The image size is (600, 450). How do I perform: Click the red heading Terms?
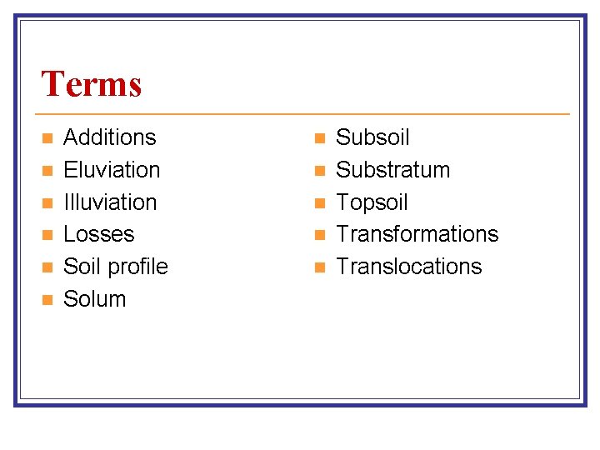tap(92, 84)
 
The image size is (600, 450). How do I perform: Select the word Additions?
tap(109, 137)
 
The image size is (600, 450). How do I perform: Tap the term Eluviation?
tap(112, 170)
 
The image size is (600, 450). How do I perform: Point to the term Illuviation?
tap(110, 202)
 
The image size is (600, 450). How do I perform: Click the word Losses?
tap(98, 234)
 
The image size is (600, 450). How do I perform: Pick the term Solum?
tap(94, 299)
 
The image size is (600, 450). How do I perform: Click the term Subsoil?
tap(372, 137)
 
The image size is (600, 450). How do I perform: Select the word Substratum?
tap(392, 170)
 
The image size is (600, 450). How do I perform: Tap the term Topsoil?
tap(372, 202)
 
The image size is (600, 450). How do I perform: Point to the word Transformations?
tap(417, 234)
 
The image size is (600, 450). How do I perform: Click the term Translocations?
tap(408, 267)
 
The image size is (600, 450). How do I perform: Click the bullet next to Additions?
tap(47, 137)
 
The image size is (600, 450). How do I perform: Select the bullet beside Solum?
tap(47, 299)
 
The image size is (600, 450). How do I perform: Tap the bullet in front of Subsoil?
tap(319, 137)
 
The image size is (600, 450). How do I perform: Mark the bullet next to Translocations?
tap(319, 267)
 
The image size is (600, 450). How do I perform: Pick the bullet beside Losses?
tap(47, 234)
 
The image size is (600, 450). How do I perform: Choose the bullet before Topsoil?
tap(319, 202)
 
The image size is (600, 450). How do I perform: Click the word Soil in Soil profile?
tap(78, 267)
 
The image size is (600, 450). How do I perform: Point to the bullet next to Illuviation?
tap(47, 202)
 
